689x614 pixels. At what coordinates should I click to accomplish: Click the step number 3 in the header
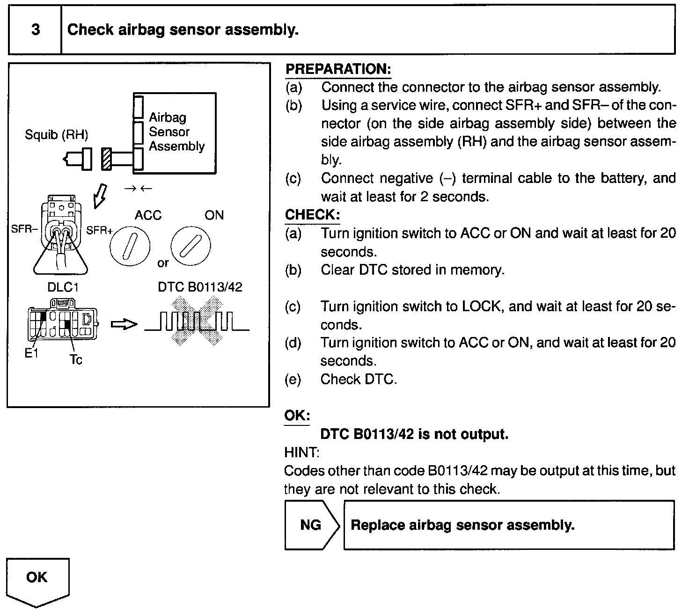pyautogui.click(x=36, y=30)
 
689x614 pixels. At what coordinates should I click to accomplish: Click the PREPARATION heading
pyautogui.click(x=338, y=69)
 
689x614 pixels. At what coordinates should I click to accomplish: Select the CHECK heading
pyautogui.click(x=312, y=215)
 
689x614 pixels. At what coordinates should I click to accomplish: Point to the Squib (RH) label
pyautogui.click(x=56, y=135)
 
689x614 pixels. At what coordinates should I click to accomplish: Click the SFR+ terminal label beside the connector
pyautogui.click(x=99, y=230)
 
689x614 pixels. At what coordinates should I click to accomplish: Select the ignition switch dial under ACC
pyautogui.click(x=130, y=248)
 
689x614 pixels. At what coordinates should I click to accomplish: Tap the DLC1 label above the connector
pyautogui.click(x=63, y=287)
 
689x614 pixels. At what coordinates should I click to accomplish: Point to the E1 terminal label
pyautogui.click(x=31, y=354)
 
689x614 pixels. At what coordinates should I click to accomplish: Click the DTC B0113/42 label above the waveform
pyautogui.click(x=200, y=287)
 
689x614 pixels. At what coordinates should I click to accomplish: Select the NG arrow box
pyautogui.click(x=311, y=525)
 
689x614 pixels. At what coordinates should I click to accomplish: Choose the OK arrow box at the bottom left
pyautogui.click(x=37, y=580)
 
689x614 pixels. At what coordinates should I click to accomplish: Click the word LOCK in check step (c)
pyautogui.click(x=482, y=307)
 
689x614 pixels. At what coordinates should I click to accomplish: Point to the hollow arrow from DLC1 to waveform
pyautogui.click(x=124, y=324)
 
